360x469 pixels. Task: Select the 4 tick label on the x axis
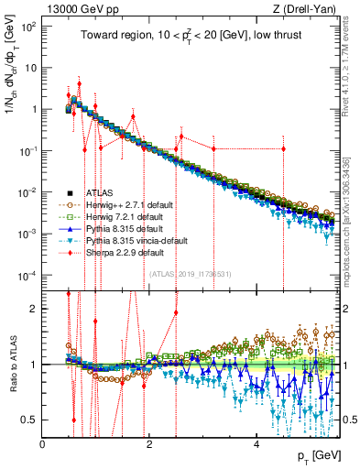coord(256,442)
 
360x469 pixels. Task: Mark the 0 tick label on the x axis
coord(43,442)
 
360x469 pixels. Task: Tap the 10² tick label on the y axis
coord(27,27)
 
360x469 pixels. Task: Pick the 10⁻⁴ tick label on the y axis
coord(27,276)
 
